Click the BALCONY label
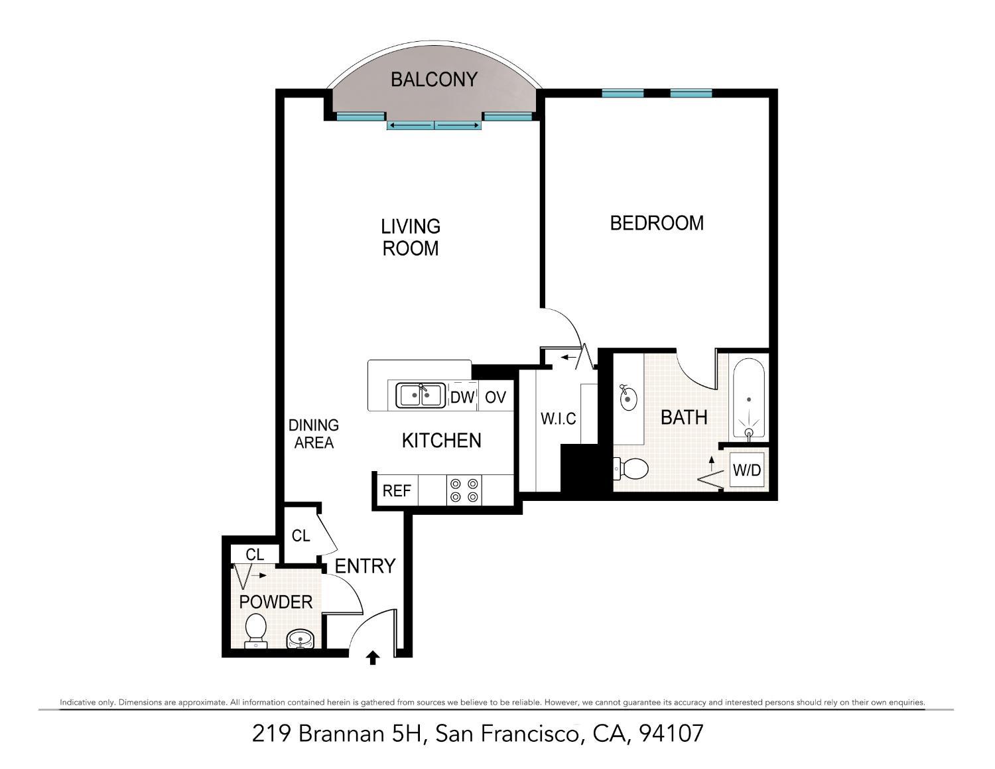tap(434, 79)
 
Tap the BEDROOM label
tap(657, 223)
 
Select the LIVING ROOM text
tap(411, 238)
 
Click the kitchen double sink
tap(421, 395)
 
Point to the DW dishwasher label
tap(462, 397)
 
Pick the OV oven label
tap(496, 397)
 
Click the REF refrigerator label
tap(397, 491)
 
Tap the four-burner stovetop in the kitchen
tap(464, 490)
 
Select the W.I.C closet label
tap(558, 419)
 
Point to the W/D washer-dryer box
tap(747, 470)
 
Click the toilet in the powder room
tap(255, 631)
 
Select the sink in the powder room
tap(300, 639)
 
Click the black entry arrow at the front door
tap(373, 658)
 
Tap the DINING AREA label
tap(314, 434)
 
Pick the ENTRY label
tap(365, 567)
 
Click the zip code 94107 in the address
tap(671, 733)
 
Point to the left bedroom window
tap(623, 94)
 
